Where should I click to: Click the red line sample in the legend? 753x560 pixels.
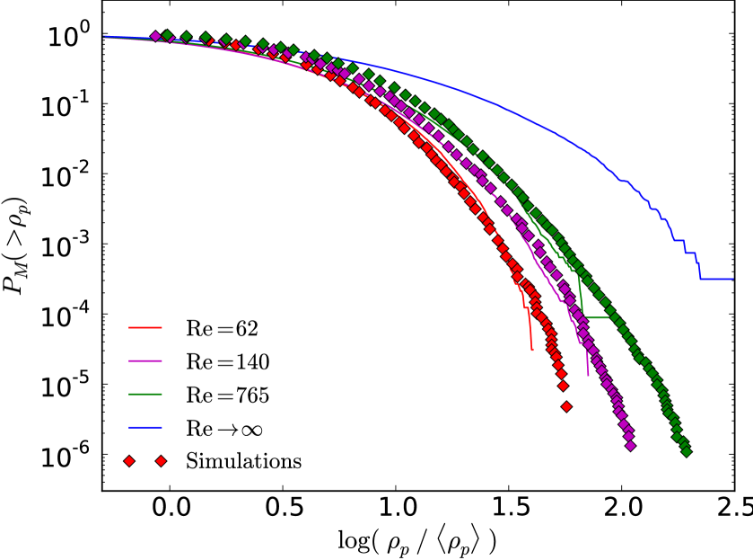coord(145,327)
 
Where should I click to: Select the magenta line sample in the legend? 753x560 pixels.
coord(145,360)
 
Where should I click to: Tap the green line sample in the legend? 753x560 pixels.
coord(145,394)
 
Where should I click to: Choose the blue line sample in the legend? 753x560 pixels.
coord(145,427)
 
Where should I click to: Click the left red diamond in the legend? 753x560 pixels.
coord(129,461)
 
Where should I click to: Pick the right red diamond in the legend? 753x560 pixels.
coord(161,461)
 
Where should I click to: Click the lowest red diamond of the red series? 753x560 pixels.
coord(566,406)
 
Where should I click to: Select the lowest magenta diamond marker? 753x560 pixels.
coord(630,445)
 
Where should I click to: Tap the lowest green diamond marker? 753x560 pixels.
coord(687,452)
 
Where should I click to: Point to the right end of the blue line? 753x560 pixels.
coord(732,279)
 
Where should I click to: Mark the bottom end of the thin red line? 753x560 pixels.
coord(532,350)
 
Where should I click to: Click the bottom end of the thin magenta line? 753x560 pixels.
coord(588,375)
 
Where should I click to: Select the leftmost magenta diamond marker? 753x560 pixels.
coord(155,36)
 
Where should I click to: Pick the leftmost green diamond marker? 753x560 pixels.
coord(167,35)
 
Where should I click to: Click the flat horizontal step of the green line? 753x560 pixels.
coord(598,317)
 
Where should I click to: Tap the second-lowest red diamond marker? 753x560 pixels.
coord(563,386)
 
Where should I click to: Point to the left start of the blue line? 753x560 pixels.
coord(104,37)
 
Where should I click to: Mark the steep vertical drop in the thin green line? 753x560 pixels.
coord(582,292)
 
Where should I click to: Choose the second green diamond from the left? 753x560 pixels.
coord(187,37)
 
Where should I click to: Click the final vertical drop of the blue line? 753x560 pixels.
coord(700,267)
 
